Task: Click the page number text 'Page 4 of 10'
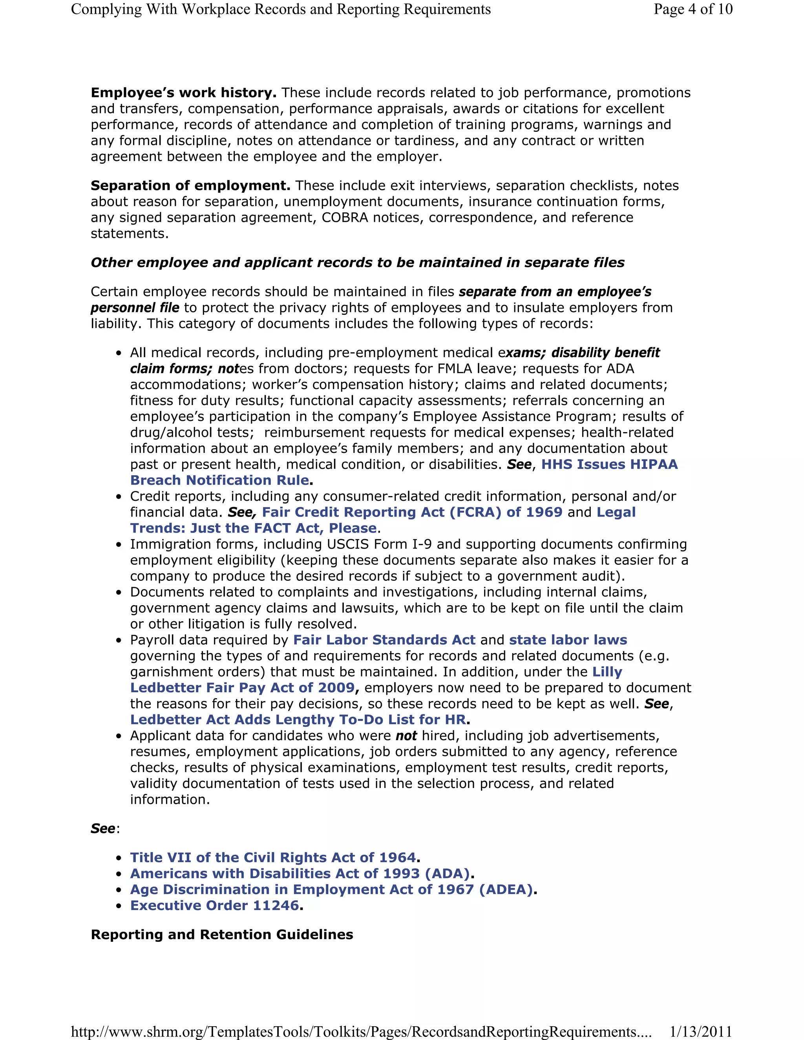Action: pyautogui.click(x=693, y=9)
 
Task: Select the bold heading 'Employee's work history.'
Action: pyautogui.click(x=183, y=93)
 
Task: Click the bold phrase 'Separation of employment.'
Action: pyautogui.click(x=190, y=186)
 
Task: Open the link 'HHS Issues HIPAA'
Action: pyautogui.click(x=609, y=464)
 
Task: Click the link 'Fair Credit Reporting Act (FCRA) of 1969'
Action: pyautogui.click(x=412, y=513)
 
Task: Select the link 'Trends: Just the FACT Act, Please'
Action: pyautogui.click(x=253, y=528)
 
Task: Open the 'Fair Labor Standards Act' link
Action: pyautogui.click(x=384, y=640)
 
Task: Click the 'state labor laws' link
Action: pyautogui.click(x=568, y=640)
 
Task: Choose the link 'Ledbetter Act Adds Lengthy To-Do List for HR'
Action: pyautogui.click(x=298, y=719)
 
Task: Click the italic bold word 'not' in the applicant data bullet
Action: pyautogui.click(x=406, y=736)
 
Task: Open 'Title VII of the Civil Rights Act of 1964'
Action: pyautogui.click(x=273, y=858)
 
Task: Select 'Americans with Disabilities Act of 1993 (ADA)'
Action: pyautogui.click(x=300, y=874)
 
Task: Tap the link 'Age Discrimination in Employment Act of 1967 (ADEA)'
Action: pyautogui.click(x=331, y=890)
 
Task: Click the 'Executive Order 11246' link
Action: pyautogui.click(x=214, y=906)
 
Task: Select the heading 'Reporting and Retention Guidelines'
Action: pyautogui.click(x=222, y=935)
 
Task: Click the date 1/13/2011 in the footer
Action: pyautogui.click(x=700, y=1031)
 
